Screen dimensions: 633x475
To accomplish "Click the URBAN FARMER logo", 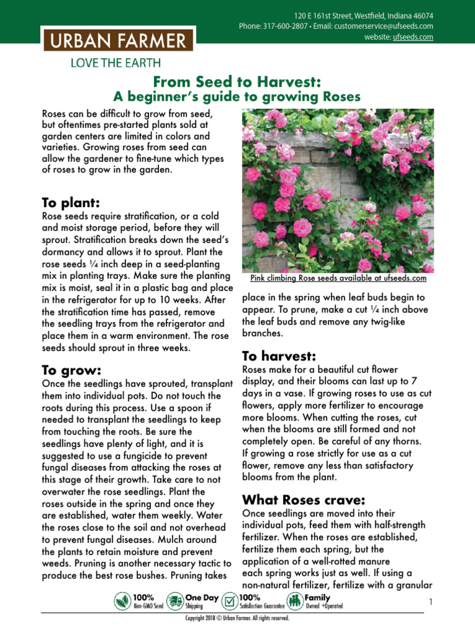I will (118, 41).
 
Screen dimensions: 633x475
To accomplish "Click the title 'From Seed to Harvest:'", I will (237, 82).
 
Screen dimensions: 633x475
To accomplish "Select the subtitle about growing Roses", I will (237, 97).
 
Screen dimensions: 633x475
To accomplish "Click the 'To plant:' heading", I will (71, 203).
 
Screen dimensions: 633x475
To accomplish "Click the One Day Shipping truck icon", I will (176, 601).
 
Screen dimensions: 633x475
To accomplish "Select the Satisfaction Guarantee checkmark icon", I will (229, 601).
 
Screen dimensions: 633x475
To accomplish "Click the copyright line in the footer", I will (237, 618).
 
